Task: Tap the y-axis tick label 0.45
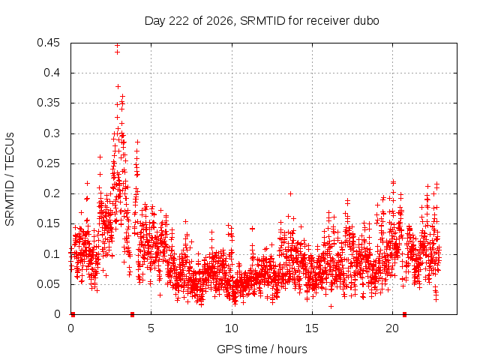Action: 48,43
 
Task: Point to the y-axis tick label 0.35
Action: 48,103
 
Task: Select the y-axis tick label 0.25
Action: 48,163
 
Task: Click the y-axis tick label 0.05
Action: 48,284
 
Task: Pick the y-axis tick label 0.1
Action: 52,254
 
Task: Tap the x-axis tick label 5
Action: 151,328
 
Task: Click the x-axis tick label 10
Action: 232,328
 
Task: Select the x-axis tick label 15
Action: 312,328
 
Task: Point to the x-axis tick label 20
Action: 392,328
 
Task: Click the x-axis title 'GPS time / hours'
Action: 262,349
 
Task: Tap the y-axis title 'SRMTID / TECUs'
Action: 10,179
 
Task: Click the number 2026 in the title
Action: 220,21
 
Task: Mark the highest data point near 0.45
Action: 117,45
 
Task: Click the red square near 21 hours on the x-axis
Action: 404,314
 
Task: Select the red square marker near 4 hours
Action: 132,314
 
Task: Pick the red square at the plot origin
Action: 73,314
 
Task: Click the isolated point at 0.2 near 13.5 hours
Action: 291,193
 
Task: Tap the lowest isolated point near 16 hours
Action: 331,306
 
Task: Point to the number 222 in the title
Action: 179,21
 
